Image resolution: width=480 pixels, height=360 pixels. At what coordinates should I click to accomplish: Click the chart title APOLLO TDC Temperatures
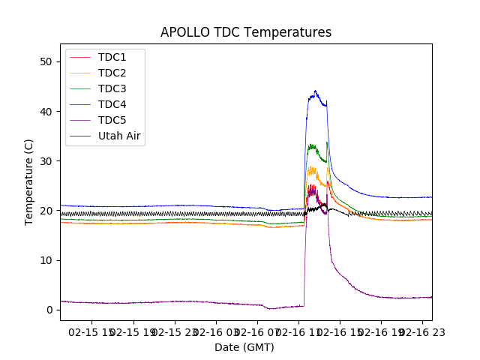point(246,32)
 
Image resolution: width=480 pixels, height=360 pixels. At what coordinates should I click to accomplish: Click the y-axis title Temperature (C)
point(29,181)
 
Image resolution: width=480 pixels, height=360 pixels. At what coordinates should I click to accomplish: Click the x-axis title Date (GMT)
point(244,347)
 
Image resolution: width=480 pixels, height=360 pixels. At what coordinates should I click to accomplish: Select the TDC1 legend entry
point(112,58)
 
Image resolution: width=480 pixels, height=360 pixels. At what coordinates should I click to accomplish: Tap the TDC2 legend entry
point(112,73)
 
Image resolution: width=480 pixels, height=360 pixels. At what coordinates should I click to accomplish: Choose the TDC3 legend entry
point(112,89)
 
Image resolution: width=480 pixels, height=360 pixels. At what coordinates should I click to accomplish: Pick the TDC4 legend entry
point(112,105)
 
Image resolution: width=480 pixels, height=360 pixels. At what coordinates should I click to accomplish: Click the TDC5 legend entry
point(112,121)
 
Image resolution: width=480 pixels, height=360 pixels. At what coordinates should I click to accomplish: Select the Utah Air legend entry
point(119,136)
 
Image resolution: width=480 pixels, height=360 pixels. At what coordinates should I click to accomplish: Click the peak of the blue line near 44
point(315,91)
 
